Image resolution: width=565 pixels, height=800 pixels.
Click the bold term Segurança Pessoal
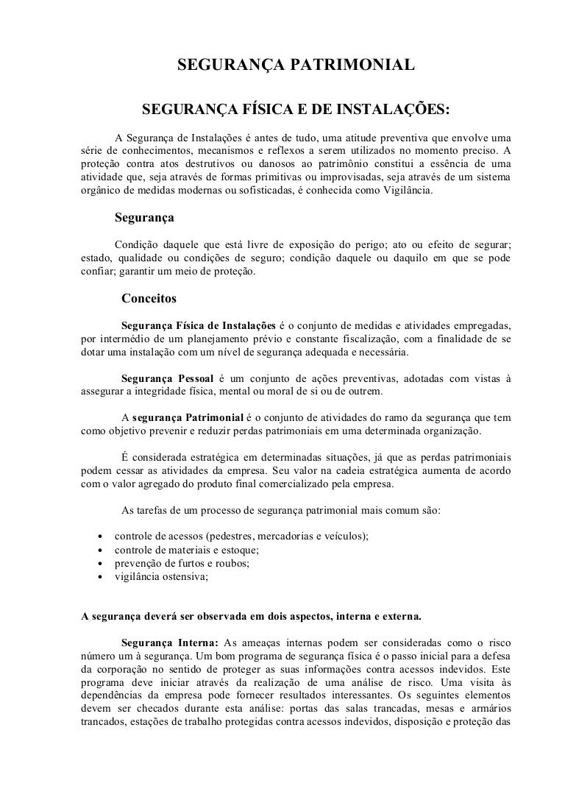point(167,378)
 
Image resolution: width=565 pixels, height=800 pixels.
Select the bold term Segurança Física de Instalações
point(198,325)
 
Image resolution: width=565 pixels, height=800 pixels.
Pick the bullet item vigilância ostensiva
point(162,577)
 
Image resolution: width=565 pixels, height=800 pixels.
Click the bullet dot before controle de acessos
point(99,537)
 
